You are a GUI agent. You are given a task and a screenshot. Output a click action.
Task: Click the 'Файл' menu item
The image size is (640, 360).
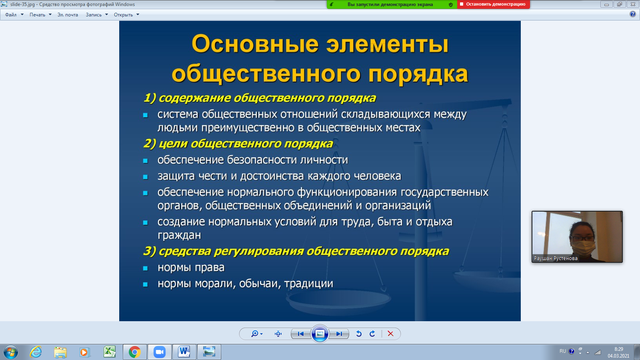pyautogui.click(x=11, y=14)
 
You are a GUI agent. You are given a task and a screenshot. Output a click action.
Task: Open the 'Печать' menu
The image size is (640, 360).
pyautogui.click(x=38, y=14)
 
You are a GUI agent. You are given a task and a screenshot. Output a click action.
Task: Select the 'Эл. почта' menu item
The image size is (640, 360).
pyautogui.click(x=68, y=14)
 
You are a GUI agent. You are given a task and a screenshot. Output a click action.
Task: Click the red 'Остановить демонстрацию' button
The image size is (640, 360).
pyautogui.click(x=494, y=4)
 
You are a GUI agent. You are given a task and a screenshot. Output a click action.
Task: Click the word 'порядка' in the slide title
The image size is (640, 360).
pyautogui.click(x=418, y=74)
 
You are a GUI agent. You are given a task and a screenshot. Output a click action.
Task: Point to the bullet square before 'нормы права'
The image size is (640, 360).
pyautogui.click(x=146, y=268)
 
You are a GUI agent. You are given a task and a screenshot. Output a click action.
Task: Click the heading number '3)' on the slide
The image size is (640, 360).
pyautogui.click(x=150, y=251)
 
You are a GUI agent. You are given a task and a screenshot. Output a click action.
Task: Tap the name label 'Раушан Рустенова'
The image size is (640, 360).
pyautogui.click(x=556, y=258)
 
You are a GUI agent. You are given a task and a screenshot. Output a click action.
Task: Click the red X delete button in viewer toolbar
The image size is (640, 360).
pyautogui.click(x=390, y=334)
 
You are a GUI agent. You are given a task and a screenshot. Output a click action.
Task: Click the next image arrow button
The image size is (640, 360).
pyautogui.click(x=339, y=334)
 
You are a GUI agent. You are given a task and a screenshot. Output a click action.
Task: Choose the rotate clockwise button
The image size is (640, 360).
pyautogui.click(x=372, y=334)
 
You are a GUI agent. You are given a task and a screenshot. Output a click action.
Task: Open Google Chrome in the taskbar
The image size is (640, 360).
pyautogui.click(x=134, y=352)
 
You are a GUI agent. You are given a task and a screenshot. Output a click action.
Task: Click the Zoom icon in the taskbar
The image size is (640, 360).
pyautogui.click(x=160, y=352)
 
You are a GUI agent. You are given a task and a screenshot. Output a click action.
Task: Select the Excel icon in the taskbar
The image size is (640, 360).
pyautogui.click(x=110, y=352)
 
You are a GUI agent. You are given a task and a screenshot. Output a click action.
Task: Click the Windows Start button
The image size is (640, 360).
pyautogui.click(x=10, y=352)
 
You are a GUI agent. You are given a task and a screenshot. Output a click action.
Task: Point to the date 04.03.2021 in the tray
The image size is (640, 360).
pyautogui.click(x=618, y=356)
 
